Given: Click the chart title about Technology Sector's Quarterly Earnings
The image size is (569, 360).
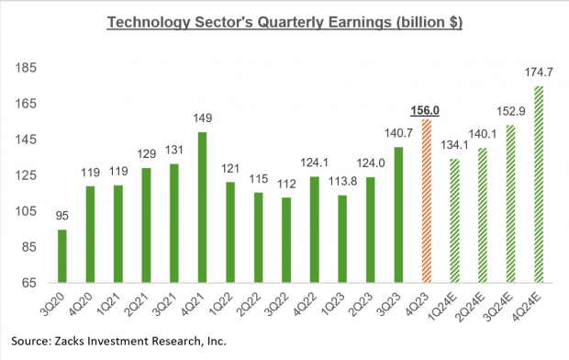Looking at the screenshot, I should coord(285,22).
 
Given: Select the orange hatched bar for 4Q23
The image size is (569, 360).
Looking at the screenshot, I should coord(425,200).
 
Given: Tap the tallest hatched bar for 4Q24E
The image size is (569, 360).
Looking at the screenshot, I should coord(538,184).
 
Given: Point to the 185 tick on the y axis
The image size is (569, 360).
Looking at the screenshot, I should coord(27,68).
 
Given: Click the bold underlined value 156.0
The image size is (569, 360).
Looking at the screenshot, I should coord(425,110).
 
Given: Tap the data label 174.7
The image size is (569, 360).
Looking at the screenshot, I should coord(538,73).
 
